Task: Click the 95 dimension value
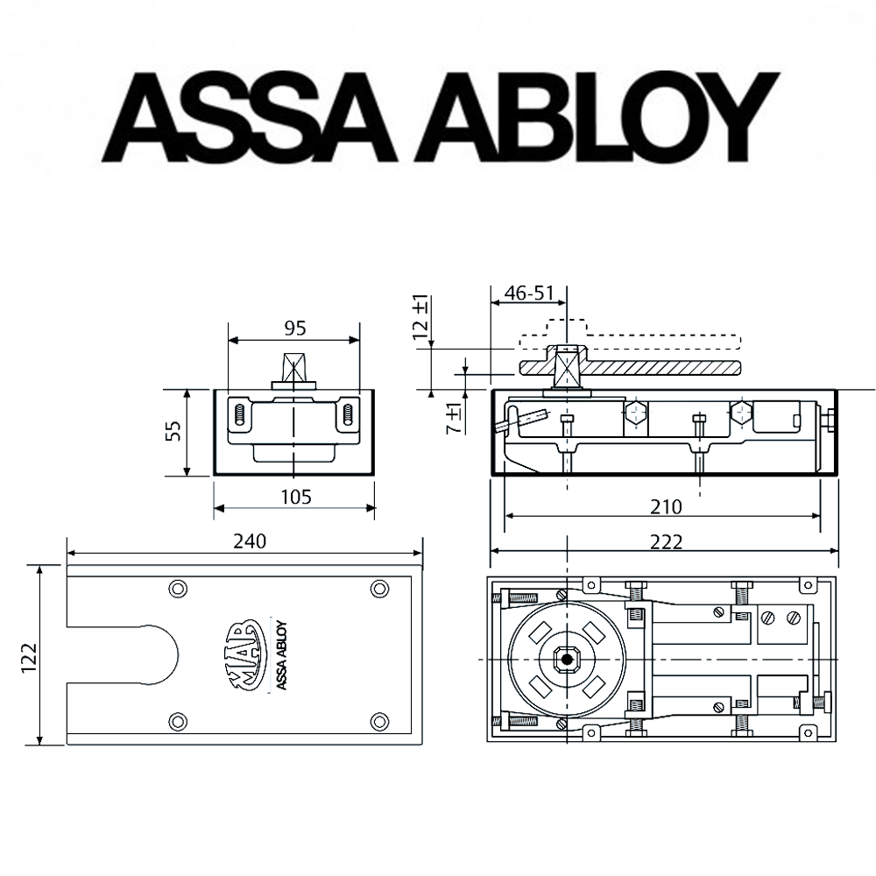(x=294, y=328)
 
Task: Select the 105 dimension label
(x=294, y=497)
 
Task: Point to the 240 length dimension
(x=250, y=540)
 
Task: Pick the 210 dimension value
(x=666, y=506)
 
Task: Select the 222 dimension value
(x=666, y=541)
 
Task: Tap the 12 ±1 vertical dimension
(x=421, y=317)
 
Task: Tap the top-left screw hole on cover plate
(x=178, y=587)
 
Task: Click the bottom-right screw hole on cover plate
(x=379, y=720)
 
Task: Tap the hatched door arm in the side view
(x=648, y=364)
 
